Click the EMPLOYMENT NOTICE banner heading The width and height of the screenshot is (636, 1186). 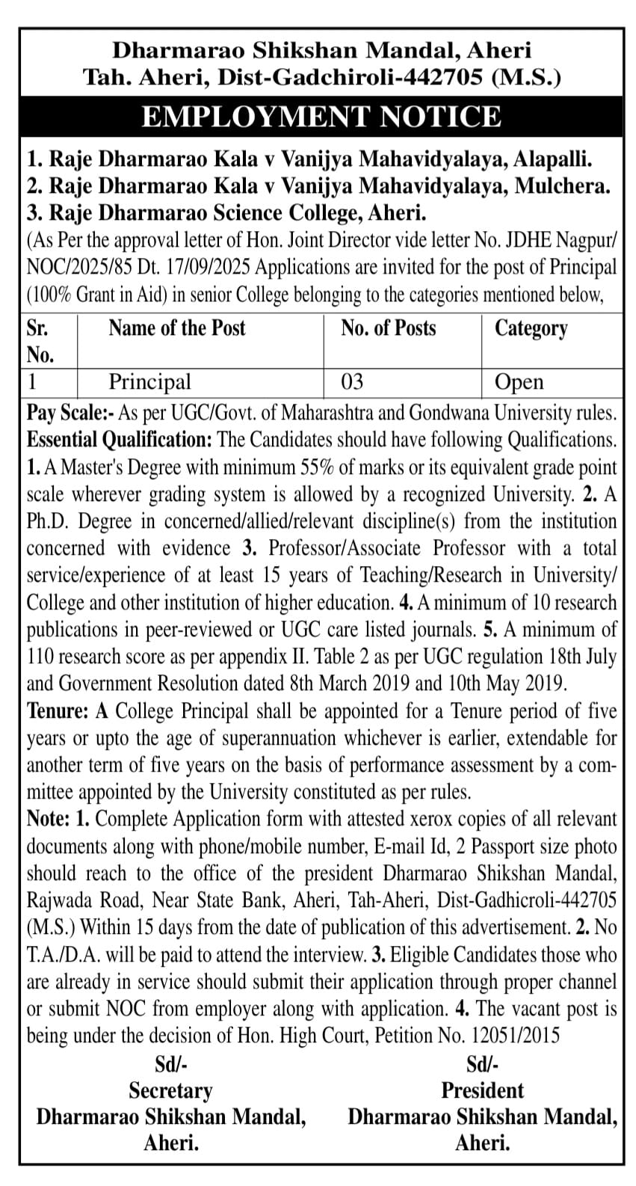321,117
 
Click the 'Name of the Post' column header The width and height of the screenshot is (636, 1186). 176,328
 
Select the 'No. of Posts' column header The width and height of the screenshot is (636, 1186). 388,328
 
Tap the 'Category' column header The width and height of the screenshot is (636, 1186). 531,328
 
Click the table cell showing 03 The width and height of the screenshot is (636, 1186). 352,382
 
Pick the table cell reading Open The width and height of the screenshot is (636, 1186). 519,382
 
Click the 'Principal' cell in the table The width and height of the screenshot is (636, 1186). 149,382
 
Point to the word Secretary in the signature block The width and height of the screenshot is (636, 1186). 170,1090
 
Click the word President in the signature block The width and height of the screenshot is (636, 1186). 482,1090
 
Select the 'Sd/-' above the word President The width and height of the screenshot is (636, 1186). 482,1063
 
